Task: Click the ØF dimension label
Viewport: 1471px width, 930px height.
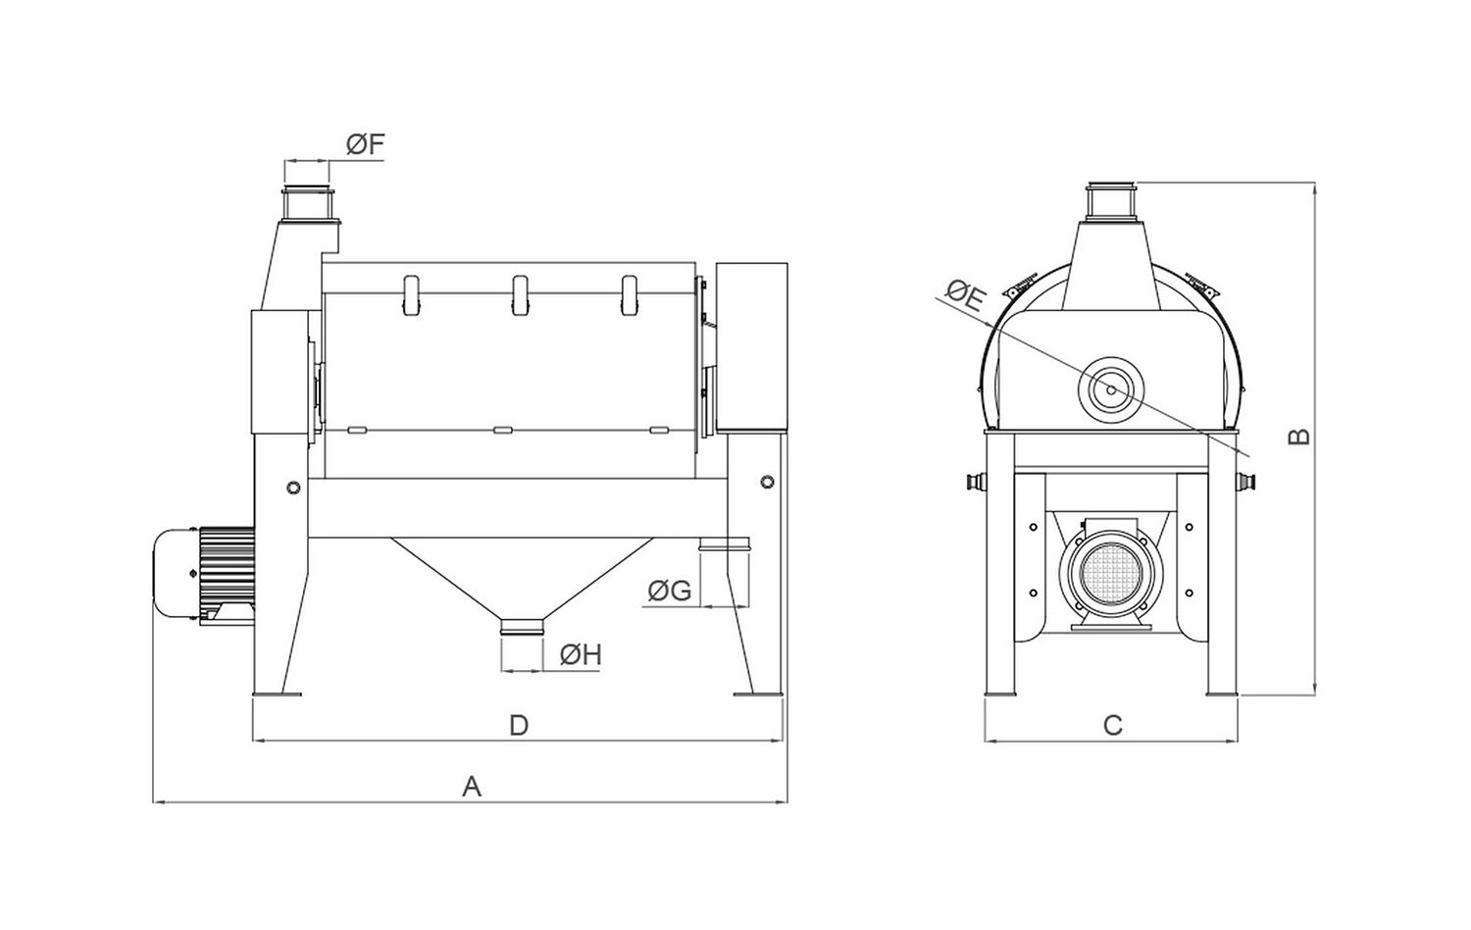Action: point(364,146)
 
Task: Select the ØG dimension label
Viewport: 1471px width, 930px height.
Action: point(670,591)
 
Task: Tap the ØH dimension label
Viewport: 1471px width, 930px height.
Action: point(580,654)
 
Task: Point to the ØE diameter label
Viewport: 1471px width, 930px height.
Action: point(964,294)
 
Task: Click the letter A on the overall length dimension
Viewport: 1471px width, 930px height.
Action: point(472,786)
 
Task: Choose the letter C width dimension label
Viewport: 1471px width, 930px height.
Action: point(1112,726)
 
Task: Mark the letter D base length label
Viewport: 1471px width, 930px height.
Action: point(519,725)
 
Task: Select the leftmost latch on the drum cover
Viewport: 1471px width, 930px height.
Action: point(410,295)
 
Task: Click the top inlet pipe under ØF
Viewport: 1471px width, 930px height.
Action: point(307,203)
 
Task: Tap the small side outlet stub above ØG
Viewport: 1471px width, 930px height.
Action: point(726,543)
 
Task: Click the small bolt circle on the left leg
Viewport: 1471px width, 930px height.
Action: point(292,488)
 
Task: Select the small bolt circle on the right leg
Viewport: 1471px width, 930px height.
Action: point(765,482)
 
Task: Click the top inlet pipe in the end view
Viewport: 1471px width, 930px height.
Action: point(1111,200)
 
